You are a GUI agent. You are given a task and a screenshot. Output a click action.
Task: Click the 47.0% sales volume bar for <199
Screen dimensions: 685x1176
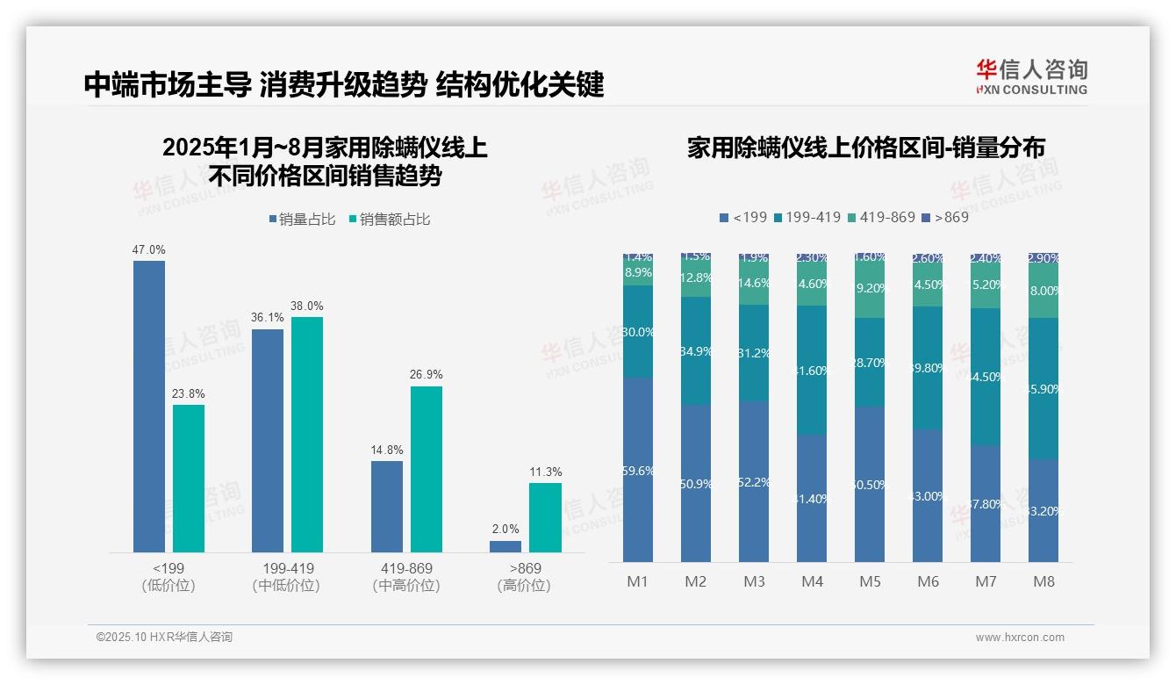148,406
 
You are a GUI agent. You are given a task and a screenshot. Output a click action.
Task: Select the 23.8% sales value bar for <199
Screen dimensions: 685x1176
188,478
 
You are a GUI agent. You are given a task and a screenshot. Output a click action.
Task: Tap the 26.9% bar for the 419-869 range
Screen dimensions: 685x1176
426,469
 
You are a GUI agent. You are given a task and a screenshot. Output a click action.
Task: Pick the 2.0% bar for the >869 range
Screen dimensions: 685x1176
505,546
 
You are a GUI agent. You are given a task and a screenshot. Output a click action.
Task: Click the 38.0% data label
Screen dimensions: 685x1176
307,306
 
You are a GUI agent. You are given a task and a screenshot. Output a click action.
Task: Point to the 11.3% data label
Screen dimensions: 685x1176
545,472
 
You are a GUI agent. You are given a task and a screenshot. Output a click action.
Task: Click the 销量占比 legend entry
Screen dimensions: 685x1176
302,220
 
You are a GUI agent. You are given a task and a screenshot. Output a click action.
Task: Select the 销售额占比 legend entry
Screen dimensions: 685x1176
390,220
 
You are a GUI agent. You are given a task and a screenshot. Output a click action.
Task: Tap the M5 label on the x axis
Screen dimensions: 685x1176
870,581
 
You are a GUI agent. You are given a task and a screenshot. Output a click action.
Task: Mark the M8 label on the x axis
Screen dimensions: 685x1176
1043,581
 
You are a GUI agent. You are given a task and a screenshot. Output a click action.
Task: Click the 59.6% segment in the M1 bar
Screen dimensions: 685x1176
638,470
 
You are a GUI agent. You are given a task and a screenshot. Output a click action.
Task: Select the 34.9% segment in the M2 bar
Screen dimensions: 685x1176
696,350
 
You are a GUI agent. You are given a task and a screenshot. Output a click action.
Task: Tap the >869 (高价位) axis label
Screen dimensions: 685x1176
524,577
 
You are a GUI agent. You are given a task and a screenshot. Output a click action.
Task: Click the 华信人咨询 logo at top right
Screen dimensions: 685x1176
1031,77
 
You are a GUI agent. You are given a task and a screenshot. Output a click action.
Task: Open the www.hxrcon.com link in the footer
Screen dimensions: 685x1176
1019,638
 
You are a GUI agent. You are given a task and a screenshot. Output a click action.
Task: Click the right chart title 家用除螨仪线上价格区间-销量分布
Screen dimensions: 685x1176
865,148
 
